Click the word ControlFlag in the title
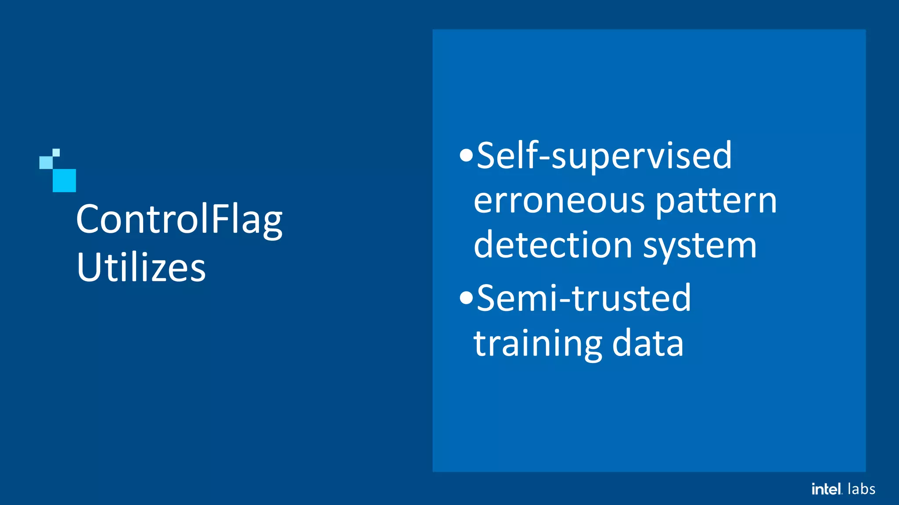(x=179, y=220)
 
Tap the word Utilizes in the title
(x=141, y=267)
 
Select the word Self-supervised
(x=604, y=156)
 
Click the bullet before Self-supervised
(x=466, y=155)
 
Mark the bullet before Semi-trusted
(x=466, y=298)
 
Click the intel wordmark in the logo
(x=827, y=489)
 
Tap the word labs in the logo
(x=861, y=489)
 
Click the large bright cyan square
(x=64, y=180)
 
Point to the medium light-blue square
(x=46, y=163)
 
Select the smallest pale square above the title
(x=56, y=153)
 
